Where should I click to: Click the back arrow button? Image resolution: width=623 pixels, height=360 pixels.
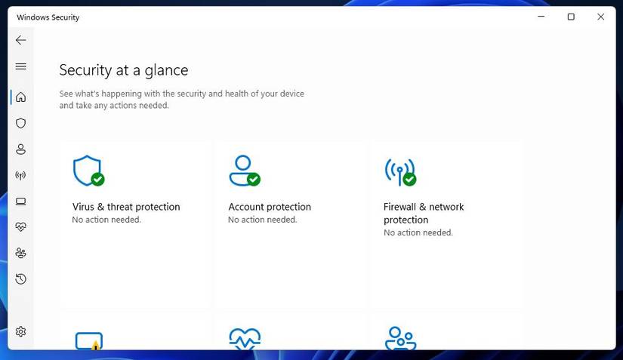[20, 40]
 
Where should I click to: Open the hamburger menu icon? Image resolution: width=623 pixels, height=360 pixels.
[20, 66]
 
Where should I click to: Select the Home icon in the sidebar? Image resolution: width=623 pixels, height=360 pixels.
[20, 97]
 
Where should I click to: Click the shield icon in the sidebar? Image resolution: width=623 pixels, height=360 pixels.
[20, 124]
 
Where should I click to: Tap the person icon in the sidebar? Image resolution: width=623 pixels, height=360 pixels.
[20, 149]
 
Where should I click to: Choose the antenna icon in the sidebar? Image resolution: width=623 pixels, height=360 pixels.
[20, 175]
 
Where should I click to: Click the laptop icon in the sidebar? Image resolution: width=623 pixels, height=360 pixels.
[20, 202]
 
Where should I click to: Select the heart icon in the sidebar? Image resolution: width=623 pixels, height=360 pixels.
[20, 227]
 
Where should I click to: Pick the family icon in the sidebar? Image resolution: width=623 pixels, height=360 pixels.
[20, 254]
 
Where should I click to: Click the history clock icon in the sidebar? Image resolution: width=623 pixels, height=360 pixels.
[20, 279]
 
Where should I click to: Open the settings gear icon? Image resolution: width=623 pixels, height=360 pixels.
[20, 331]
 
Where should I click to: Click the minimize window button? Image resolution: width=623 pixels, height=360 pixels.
[541, 17]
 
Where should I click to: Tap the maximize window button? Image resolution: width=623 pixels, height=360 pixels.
[571, 17]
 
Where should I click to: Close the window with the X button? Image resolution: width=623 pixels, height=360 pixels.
[601, 17]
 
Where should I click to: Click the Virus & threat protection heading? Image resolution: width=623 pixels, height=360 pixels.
[126, 207]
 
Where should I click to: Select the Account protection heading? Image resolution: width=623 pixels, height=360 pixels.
[270, 207]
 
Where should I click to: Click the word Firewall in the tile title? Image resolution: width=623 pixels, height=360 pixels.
[399, 207]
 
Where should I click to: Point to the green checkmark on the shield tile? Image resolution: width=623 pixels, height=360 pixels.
[97, 180]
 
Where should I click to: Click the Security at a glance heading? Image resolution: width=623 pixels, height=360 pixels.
[124, 70]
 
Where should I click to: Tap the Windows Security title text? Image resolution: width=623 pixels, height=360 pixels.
[48, 17]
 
